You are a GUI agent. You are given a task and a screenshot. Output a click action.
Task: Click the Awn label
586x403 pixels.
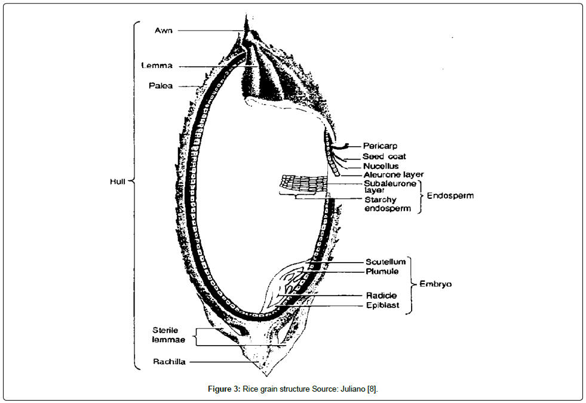coord(164,30)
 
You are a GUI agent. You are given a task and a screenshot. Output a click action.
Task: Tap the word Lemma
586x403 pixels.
coord(157,65)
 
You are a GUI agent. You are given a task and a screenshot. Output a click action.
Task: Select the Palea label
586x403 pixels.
coord(161,85)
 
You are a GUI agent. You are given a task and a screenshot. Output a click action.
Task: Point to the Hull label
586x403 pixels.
coord(117,181)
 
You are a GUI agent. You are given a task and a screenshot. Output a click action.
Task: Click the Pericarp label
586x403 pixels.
coord(380,146)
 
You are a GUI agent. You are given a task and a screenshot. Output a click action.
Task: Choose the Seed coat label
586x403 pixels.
coord(384,156)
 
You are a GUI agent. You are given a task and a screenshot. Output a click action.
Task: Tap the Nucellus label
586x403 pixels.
coord(381,166)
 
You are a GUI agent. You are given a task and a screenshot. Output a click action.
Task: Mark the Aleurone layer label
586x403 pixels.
coord(394,174)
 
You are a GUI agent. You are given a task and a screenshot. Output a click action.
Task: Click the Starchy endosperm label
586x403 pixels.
coord(388,204)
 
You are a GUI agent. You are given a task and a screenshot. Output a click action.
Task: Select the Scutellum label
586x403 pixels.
coord(385,262)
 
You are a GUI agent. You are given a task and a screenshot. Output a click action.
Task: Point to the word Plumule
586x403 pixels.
coord(382,272)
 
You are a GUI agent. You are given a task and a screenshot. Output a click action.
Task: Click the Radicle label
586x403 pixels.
coord(381,296)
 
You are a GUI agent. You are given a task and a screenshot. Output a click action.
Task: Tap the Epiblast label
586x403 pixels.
coord(383,305)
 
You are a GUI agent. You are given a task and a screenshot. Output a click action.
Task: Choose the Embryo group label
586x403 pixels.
coord(435,284)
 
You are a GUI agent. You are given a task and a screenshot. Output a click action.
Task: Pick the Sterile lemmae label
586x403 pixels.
coord(168,335)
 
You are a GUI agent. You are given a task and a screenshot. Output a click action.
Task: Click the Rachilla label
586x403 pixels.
coord(169,362)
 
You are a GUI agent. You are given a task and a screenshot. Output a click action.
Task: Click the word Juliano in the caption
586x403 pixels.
coord(352,389)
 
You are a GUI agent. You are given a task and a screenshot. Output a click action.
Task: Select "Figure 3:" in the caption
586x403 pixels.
coord(224,389)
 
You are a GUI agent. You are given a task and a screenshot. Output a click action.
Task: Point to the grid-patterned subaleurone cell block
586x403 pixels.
coord(303,183)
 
